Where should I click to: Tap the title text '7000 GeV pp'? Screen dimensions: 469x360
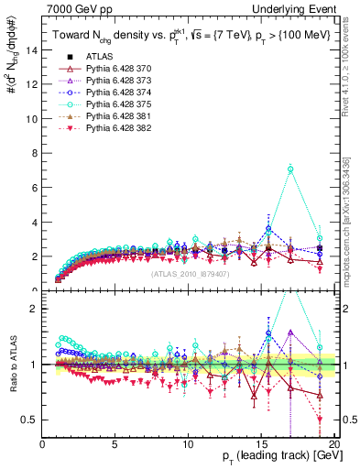(73, 8)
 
